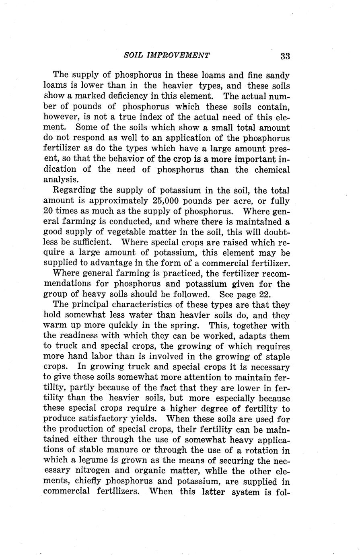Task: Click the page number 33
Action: [x=285, y=56]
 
